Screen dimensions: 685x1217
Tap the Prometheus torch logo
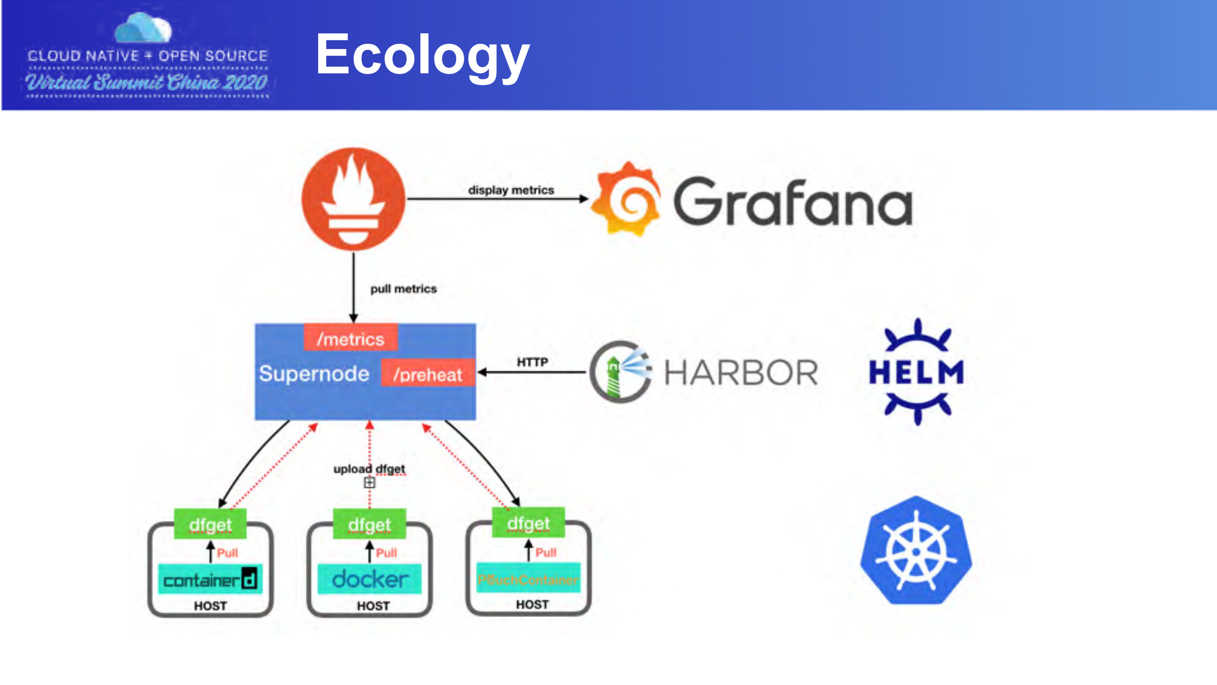353,199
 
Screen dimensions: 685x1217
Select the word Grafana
793,202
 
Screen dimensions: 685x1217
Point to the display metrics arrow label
511,190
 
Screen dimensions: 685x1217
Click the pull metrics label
403,289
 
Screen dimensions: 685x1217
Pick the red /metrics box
350,339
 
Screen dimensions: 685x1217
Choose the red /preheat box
428,374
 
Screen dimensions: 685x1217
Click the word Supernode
314,374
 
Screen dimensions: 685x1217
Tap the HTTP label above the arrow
532,362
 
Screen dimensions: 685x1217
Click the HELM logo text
916,372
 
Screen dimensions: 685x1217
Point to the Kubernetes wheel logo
916,551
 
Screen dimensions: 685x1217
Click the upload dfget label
369,469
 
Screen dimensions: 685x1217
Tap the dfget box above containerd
210,525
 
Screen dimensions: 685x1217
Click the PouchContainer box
528,579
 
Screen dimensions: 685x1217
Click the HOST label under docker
373,606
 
